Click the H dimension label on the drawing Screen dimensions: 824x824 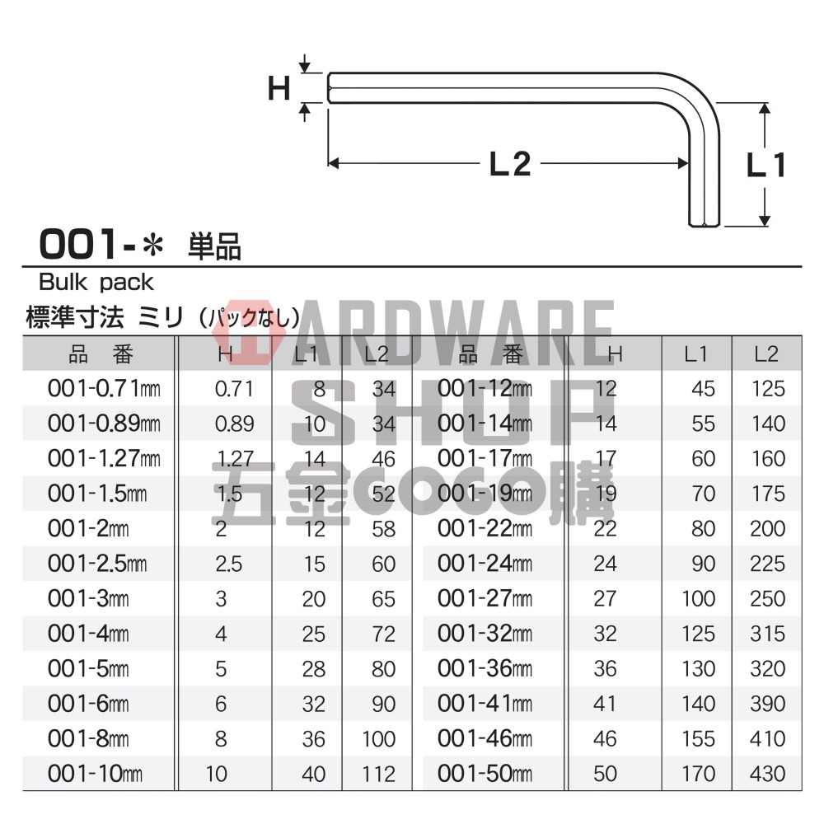[280, 87]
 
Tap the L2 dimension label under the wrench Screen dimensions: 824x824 [509, 165]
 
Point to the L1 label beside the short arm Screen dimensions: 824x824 [766, 166]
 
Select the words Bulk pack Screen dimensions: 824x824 [96, 283]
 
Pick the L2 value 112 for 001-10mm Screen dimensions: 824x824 [378, 774]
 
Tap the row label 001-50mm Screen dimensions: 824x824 [485, 774]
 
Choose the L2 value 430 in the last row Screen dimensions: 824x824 [768, 774]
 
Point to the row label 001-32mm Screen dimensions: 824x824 [485, 634]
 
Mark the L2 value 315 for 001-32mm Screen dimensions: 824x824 [768, 634]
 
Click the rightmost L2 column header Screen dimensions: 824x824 [767, 354]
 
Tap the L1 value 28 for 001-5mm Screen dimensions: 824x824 [314, 668]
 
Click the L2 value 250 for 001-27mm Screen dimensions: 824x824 [768, 598]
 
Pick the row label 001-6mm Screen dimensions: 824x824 [88, 704]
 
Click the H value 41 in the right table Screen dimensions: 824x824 [605, 704]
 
